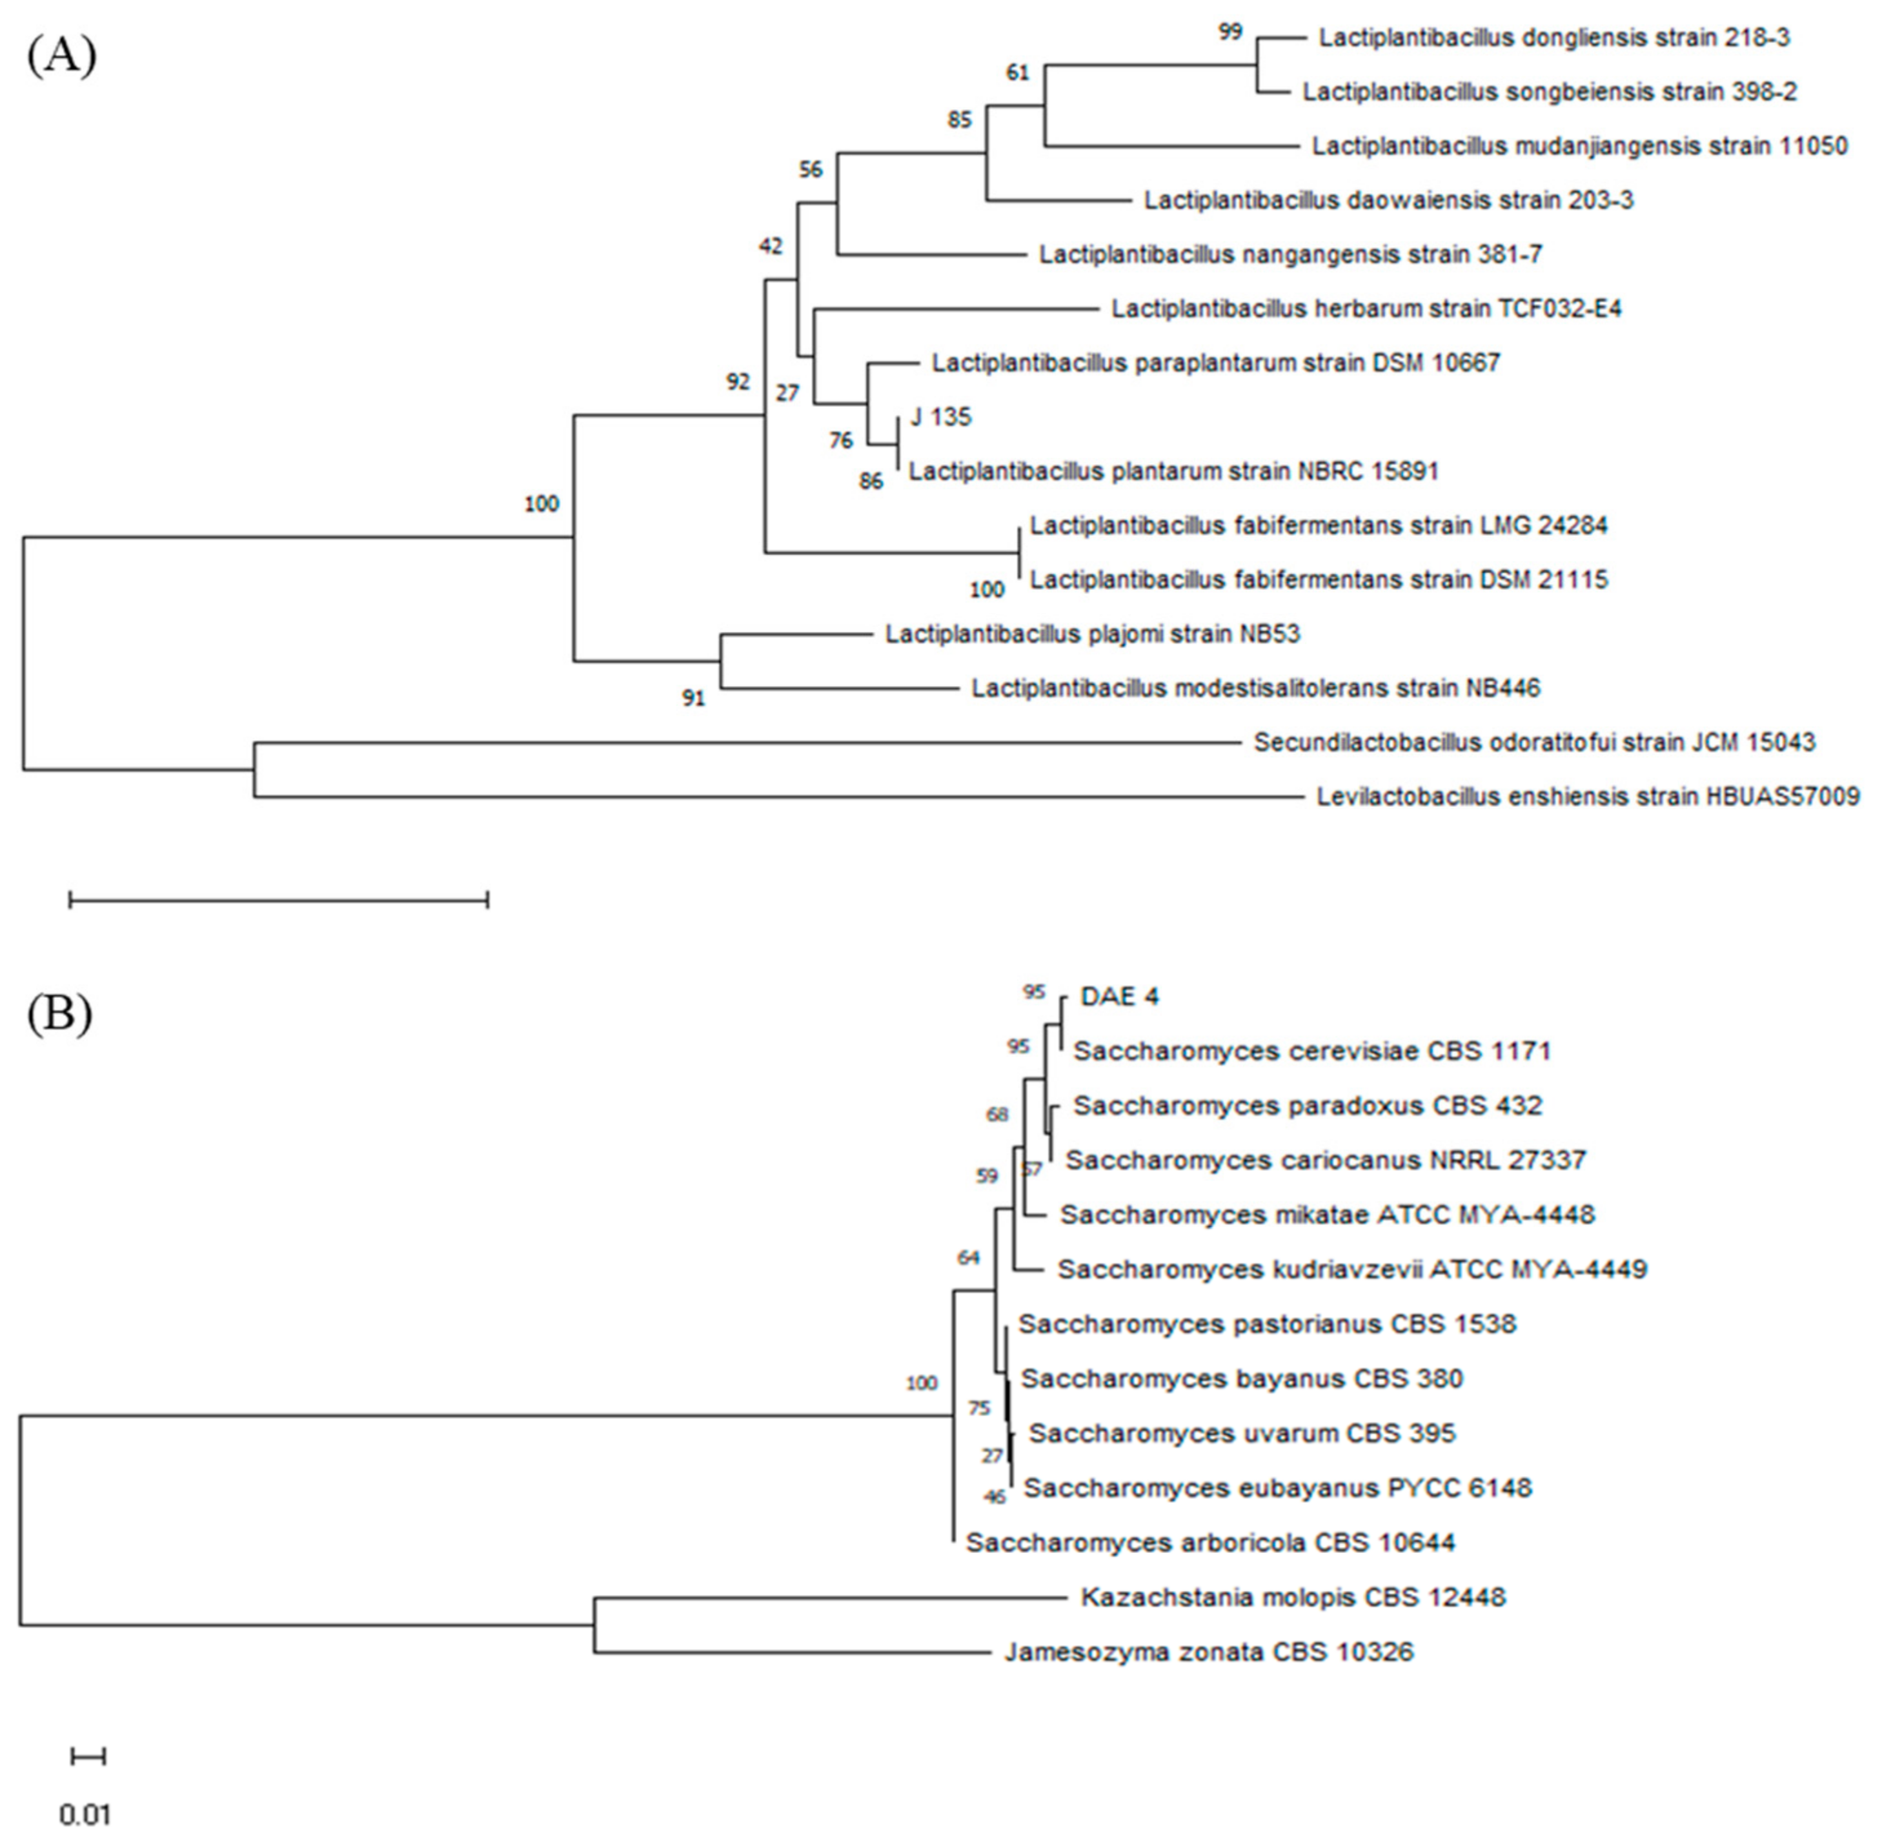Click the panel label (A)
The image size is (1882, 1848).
(x=61, y=56)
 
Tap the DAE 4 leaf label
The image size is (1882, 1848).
(x=1119, y=997)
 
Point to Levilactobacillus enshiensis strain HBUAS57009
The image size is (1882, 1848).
(x=1587, y=798)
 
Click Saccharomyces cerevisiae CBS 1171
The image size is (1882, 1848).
(x=1311, y=1051)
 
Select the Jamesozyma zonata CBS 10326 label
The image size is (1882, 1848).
(x=1208, y=1651)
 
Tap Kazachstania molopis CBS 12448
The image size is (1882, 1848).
(x=1293, y=1597)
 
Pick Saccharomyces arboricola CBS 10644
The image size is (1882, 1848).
(x=1210, y=1542)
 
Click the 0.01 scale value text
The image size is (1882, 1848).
(x=85, y=1814)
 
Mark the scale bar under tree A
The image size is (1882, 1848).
(x=279, y=900)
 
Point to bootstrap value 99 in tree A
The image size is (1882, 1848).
(x=1229, y=32)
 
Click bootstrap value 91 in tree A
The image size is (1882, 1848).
(x=693, y=698)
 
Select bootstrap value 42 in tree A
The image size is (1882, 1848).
(x=771, y=247)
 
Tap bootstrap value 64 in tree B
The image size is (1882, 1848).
(x=969, y=1258)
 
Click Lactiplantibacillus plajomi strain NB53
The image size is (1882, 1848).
(x=1092, y=635)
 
